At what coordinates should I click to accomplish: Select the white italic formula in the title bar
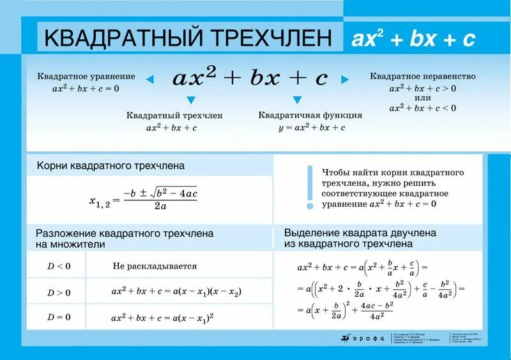pos(413,39)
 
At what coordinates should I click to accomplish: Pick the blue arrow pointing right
pos(345,80)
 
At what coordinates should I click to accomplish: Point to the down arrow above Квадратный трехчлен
pos(190,100)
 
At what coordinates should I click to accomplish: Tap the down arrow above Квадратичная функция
pos(297,100)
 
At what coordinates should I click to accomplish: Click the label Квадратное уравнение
pos(86,77)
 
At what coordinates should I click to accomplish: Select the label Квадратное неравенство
pos(423,76)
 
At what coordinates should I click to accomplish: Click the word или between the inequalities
pos(422,98)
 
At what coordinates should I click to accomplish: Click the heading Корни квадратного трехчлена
pos(111,165)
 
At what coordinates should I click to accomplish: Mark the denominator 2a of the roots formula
pos(160,206)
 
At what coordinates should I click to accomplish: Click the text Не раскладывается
pos(155,266)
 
